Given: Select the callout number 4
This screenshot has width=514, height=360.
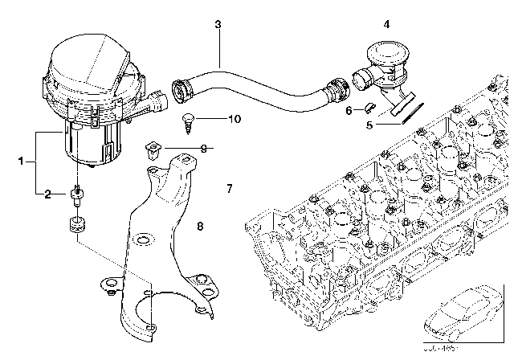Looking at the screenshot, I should coord(386,25).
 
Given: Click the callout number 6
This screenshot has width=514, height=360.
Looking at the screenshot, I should coord(349,109).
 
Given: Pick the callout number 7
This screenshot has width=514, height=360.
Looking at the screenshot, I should coord(229,189).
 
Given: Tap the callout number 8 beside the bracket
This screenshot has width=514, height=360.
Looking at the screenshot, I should coord(200,227).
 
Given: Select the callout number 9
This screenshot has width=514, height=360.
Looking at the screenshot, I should coord(204,149).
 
